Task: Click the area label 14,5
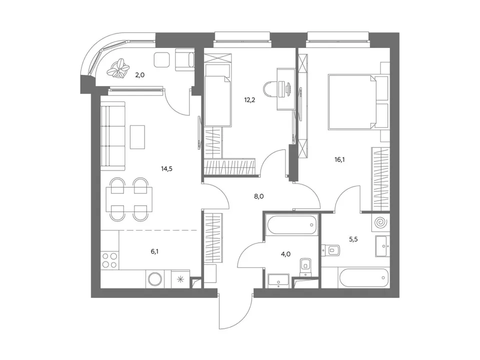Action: (x=166, y=168)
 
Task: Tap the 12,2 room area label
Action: (x=249, y=100)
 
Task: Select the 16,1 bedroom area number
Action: (x=339, y=159)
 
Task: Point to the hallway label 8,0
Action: (x=258, y=196)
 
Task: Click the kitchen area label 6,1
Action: (x=154, y=251)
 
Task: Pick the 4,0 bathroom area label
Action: (x=285, y=254)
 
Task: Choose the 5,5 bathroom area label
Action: (x=353, y=239)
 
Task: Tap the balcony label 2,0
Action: (x=140, y=74)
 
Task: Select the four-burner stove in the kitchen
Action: (x=109, y=260)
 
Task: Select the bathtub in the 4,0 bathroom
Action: (x=291, y=224)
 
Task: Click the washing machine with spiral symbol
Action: (x=381, y=222)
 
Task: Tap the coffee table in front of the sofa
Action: (x=137, y=137)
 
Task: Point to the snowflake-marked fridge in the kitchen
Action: (x=180, y=279)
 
